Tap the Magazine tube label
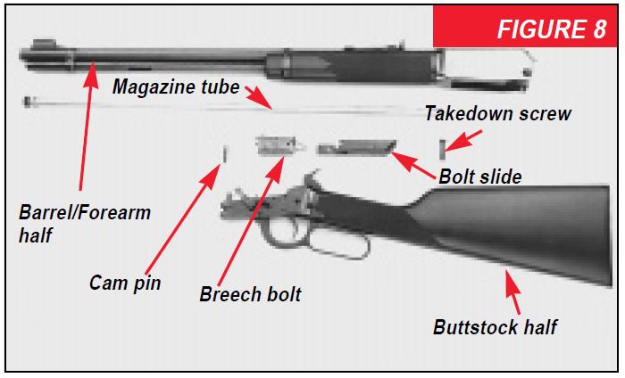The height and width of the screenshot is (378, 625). coord(176,86)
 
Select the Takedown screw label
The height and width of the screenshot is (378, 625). coord(497,114)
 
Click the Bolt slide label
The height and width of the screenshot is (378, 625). coord(479,177)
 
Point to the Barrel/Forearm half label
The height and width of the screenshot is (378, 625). coord(85,224)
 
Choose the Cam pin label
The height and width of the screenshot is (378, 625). coord(125,283)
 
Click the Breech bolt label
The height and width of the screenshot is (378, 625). coord(250,294)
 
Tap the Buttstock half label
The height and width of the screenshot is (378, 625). coord(495,326)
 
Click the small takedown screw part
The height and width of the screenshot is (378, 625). coord(442,145)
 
